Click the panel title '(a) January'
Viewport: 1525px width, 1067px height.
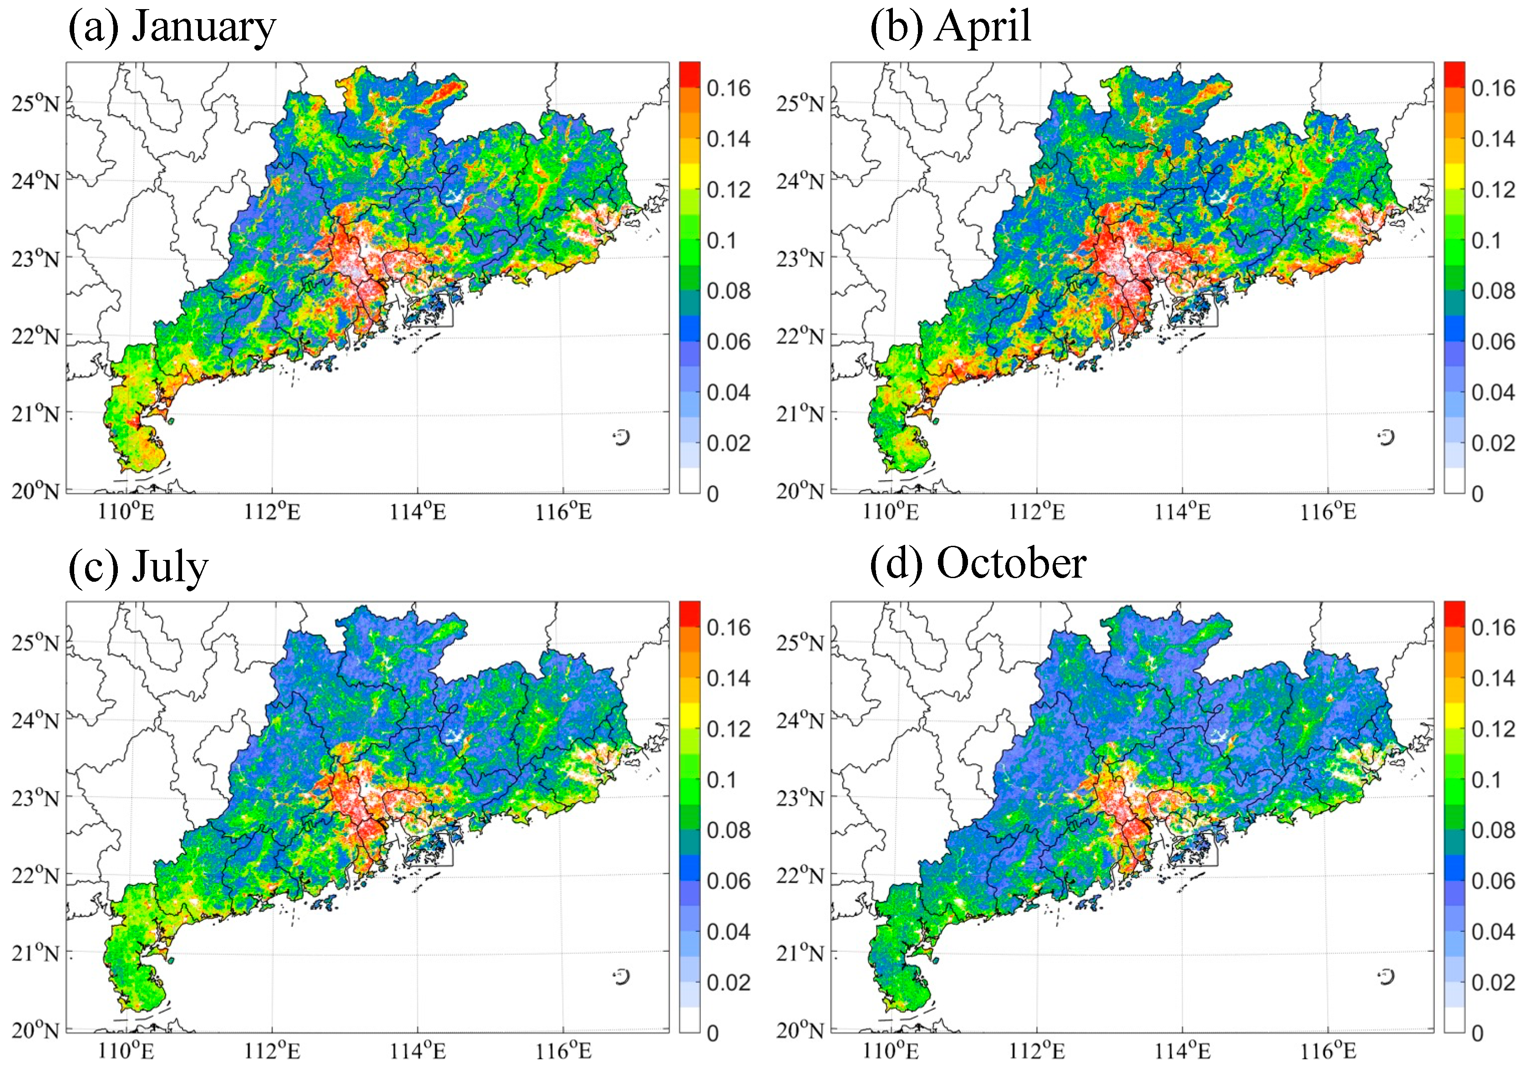(172, 28)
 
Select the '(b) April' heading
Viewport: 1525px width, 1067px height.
(951, 28)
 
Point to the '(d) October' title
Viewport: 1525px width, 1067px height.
(978, 565)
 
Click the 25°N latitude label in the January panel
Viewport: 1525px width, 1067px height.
(35, 104)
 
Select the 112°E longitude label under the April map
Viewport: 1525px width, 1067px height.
(1036, 512)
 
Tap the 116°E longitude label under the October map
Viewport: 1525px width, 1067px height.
(1328, 1052)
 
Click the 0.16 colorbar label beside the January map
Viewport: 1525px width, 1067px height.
(728, 88)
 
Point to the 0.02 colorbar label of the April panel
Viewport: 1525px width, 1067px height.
(1493, 443)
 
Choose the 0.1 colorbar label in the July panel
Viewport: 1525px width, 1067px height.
(721, 780)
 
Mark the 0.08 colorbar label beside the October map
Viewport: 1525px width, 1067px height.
(1493, 830)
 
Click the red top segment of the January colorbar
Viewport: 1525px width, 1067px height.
(689, 74)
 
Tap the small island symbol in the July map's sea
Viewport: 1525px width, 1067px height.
(621, 977)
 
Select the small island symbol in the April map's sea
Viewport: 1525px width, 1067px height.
(1386, 437)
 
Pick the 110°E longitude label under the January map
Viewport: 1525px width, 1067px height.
(126, 512)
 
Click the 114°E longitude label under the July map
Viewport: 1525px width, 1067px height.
(418, 1052)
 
